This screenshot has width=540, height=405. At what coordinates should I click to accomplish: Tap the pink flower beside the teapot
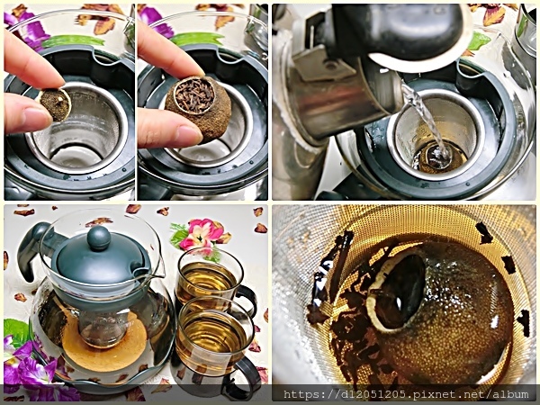202,235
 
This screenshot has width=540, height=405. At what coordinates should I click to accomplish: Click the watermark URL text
406,394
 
